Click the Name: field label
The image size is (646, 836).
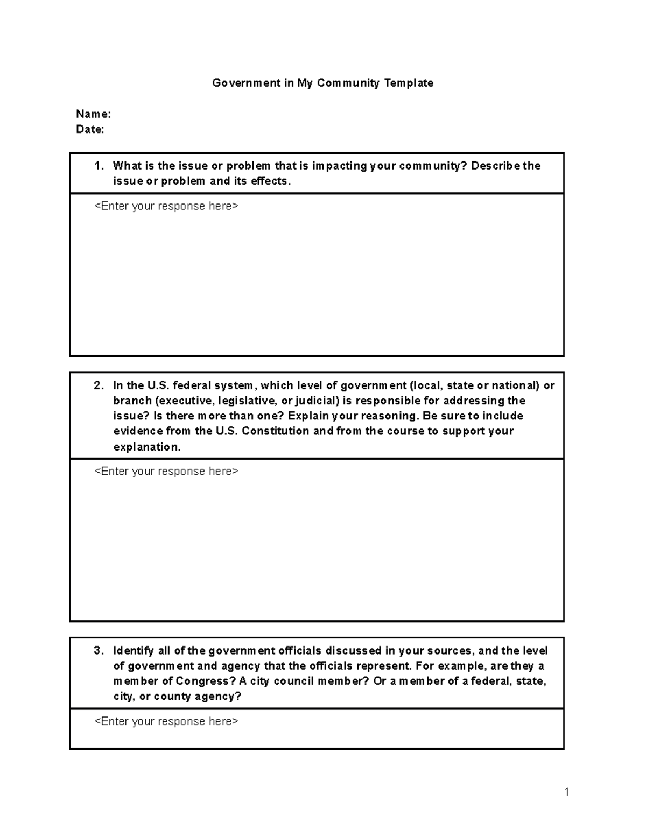point(93,114)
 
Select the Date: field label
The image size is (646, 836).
point(90,129)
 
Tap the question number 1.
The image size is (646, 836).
point(99,166)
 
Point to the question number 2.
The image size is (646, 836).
point(99,385)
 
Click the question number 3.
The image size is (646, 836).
point(99,651)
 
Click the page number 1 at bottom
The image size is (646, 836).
point(567,791)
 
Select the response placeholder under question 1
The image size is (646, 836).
point(166,206)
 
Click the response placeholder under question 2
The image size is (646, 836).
point(166,472)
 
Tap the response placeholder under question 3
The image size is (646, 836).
point(166,721)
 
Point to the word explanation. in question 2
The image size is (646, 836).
point(147,447)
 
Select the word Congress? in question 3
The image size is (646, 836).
point(206,682)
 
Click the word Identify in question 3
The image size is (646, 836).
point(133,651)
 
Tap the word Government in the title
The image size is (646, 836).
point(246,83)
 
